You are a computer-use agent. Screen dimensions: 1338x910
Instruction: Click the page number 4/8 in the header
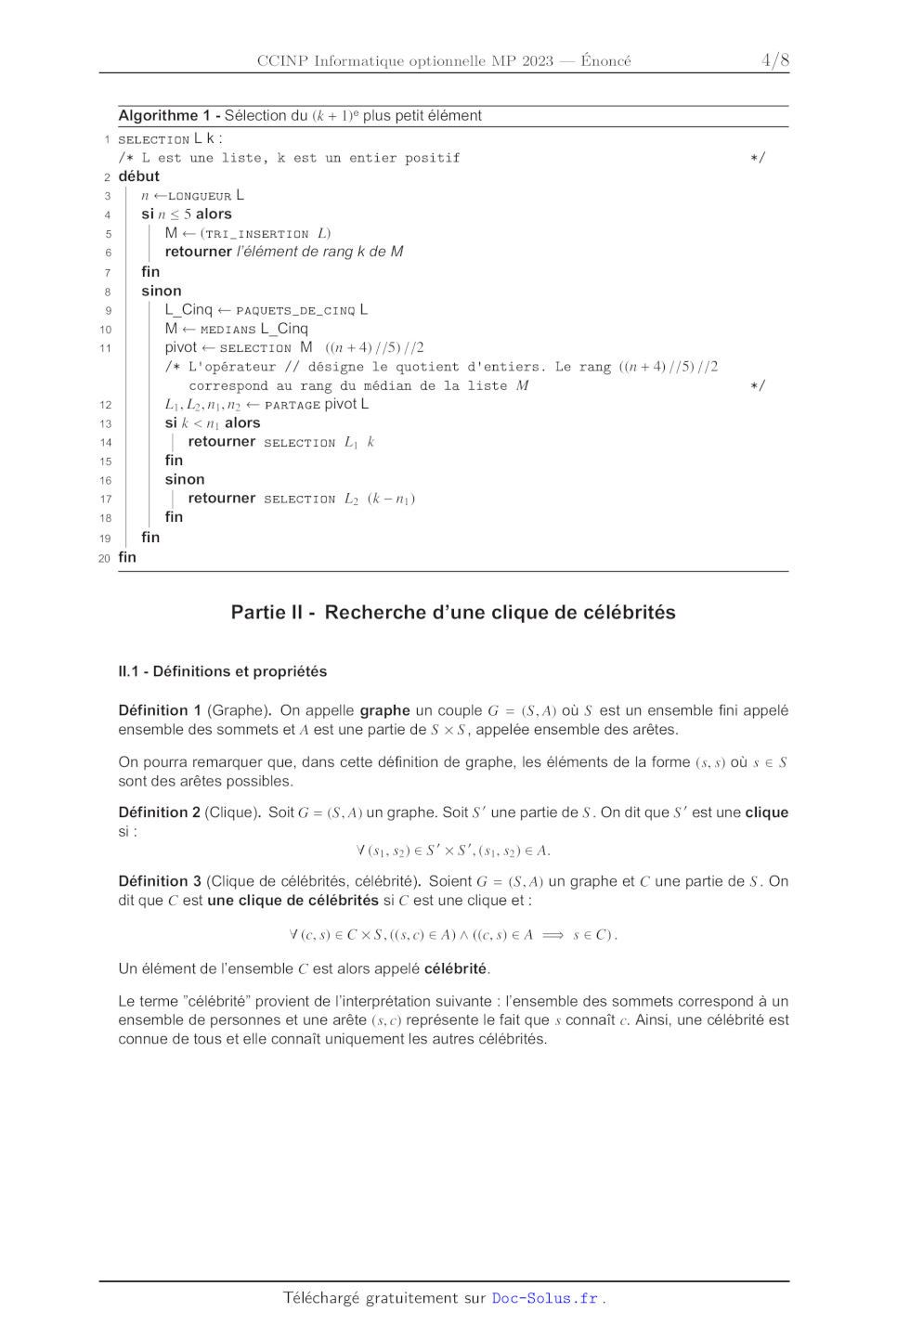[x=774, y=60]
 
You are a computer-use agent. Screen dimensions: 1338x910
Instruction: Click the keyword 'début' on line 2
[x=138, y=176]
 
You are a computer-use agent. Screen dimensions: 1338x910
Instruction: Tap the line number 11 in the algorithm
[x=105, y=348]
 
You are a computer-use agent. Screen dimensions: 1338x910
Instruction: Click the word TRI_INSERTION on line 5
[x=257, y=234]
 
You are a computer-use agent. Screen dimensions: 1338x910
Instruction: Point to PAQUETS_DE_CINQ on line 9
[x=295, y=310]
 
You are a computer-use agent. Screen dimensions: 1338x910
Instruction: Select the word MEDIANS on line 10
[x=227, y=330]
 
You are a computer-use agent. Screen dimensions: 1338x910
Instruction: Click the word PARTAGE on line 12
[x=292, y=405]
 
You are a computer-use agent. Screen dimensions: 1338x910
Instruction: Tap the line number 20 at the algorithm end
[x=104, y=558]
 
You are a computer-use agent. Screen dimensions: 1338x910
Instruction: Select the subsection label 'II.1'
[x=129, y=671]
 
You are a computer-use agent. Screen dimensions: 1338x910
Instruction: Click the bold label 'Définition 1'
[x=160, y=710]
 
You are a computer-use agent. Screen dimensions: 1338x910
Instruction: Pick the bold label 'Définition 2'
[x=159, y=812]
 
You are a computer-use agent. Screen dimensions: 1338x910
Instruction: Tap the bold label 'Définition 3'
[x=160, y=881]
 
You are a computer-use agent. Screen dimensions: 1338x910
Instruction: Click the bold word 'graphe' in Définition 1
[x=384, y=710]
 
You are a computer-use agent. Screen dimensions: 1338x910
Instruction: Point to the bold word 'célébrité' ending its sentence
[x=455, y=968]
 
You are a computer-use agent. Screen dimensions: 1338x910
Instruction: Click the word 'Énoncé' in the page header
[x=605, y=61]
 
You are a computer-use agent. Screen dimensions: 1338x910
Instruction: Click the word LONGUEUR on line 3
[x=200, y=196]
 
